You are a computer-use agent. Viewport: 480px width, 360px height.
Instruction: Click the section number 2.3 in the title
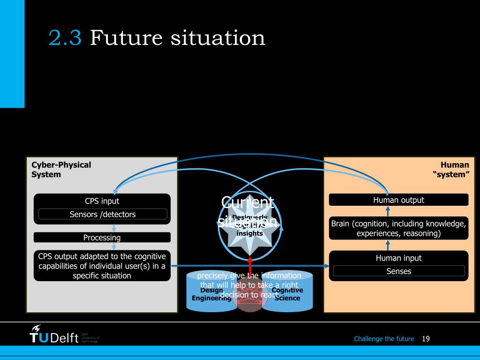pyautogui.click(x=65, y=38)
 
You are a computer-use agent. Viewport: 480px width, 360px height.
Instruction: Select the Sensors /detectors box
pyautogui.click(x=102, y=214)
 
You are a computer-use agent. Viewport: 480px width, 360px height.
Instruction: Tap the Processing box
pyautogui.click(x=102, y=237)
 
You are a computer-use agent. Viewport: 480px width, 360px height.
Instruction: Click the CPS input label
pyautogui.click(x=102, y=201)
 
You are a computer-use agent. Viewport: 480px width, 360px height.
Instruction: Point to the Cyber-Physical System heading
pyautogui.click(x=61, y=169)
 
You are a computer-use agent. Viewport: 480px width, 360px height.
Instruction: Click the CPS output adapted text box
pyautogui.click(x=102, y=265)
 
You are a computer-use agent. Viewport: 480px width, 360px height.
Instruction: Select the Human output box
pyautogui.click(x=398, y=200)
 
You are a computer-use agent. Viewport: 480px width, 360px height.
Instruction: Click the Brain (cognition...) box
pyautogui.click(x=398, y=228)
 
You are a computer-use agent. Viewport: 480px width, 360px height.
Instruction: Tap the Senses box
pyautogui.click(x=398, y=271)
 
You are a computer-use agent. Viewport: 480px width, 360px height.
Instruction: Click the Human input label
pyautogui.click(x=398, y=258)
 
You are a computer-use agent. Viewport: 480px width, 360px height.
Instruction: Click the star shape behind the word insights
pyautogui.click(x=249, y=239)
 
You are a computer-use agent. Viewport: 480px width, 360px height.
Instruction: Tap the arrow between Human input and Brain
pyautogui.click(x=388, y=245)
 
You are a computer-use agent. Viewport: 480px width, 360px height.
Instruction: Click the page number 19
pyautogui.click(x=426, y=338)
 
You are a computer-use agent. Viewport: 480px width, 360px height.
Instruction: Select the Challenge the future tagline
pyautogui.click(x=384, y=338)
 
